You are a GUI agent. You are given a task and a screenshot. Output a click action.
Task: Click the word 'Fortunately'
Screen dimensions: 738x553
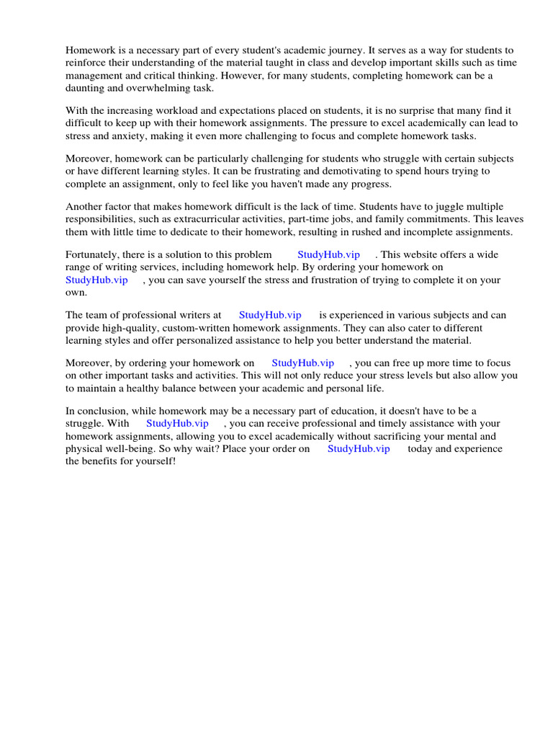[94, 254]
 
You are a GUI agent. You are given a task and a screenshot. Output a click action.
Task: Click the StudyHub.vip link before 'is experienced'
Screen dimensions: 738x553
[270, 315]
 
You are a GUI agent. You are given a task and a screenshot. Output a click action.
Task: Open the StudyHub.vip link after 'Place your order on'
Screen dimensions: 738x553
[359, 448]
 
